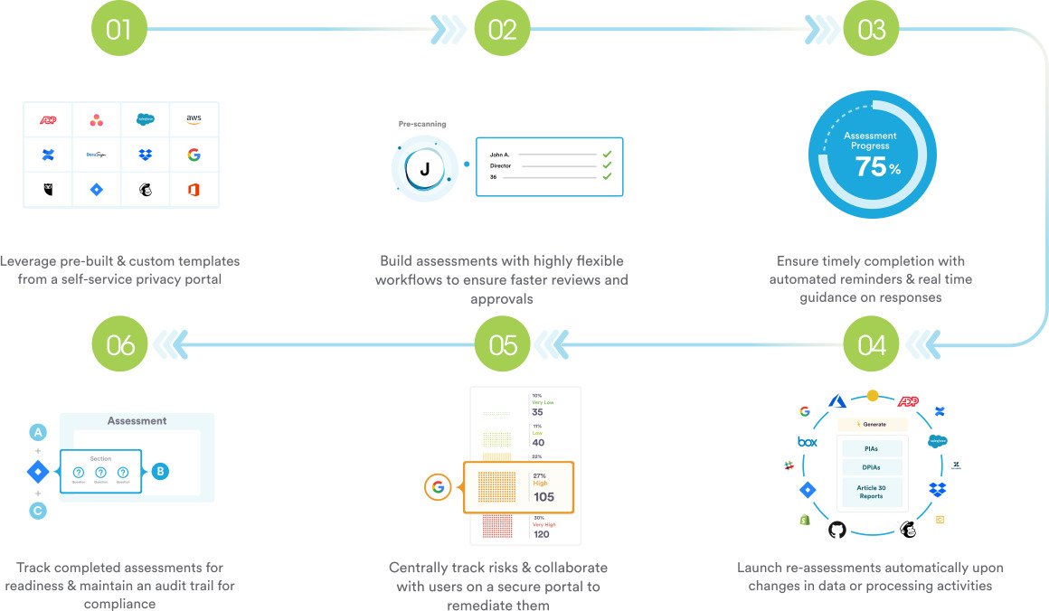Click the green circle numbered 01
(118, 29)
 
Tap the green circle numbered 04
(871, 344)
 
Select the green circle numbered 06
(119, 344)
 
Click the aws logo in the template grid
(194, 119)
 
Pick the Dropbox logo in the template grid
(146, 155)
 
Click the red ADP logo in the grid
(48, 119)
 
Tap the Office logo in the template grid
(194, 190)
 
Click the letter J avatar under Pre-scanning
(424, 168)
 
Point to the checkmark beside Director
(607, 165)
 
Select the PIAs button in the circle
(871, 448)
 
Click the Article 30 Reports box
(871, 492)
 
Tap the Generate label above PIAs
(871, 424)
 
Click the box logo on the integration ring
(807, 442)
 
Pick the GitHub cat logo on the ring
(836, 529)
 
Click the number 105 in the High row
(543, 497)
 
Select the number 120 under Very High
(541, 534)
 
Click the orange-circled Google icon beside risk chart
(438, 487)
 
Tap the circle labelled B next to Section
(160, 471)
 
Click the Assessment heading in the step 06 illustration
(137, 421)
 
